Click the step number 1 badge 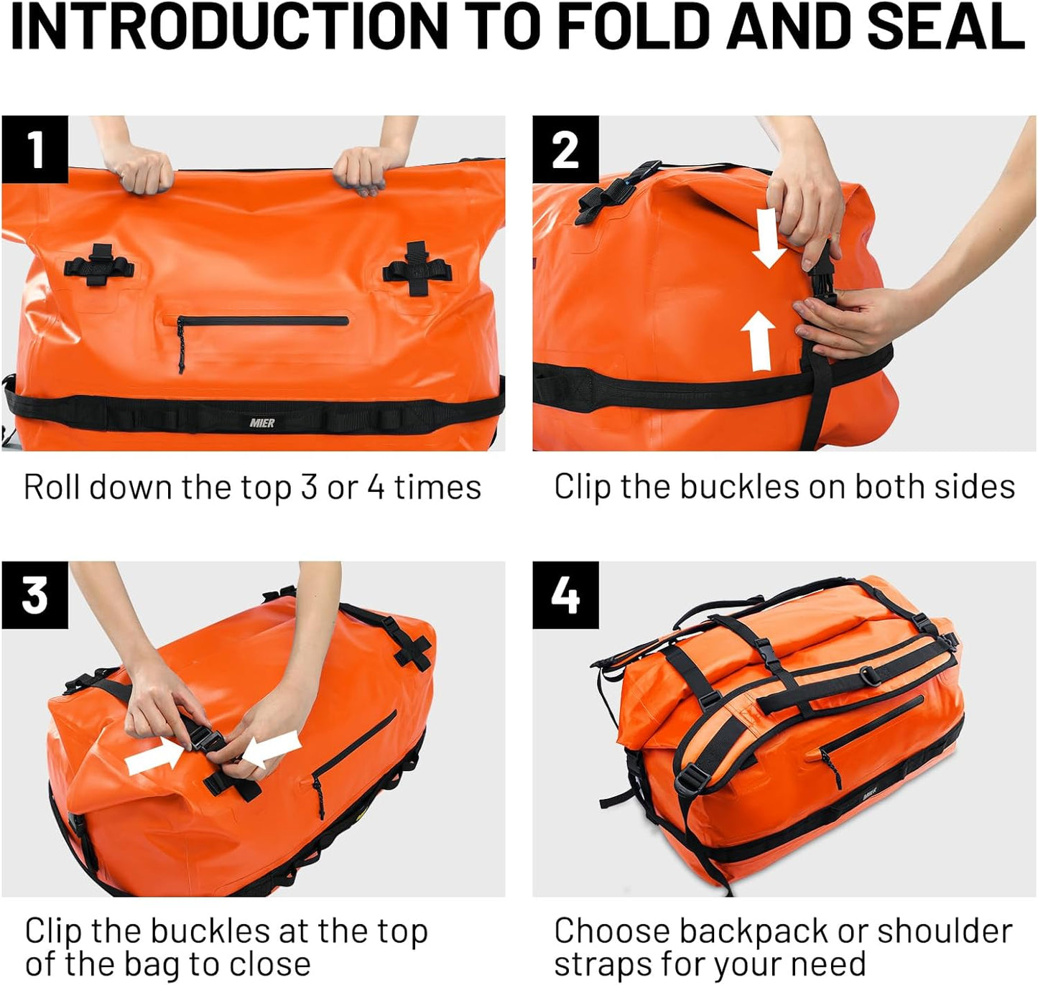tap(34, 149)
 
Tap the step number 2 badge tap(565, 149)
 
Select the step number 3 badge tap(34, 595)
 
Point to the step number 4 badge tap(565, 595)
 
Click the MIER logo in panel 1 tap(261, 423)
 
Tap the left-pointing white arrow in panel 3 tap(271, 749)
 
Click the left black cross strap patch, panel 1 tap(99, 265)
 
